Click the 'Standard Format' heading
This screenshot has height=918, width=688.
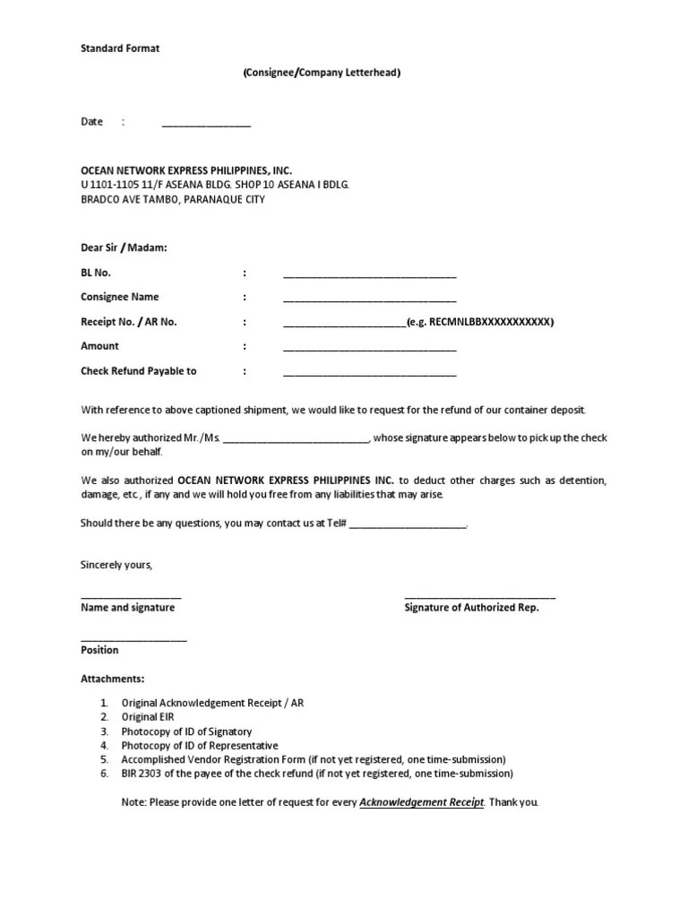tap(120, 48)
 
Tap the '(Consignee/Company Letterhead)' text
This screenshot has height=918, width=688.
tap(321, 73)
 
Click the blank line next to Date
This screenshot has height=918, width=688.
tap(206, 124)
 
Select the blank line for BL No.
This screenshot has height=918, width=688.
tap(370, 275)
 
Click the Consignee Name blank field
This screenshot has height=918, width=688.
tap(370, 299)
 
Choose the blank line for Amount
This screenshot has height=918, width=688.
tap(370, 349)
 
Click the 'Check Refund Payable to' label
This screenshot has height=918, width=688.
tap(139, 371)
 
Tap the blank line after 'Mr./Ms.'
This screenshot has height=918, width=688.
tap(295, 439)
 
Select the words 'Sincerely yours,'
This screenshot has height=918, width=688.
tap(116, 565)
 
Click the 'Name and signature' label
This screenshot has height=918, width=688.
tap(128, 608)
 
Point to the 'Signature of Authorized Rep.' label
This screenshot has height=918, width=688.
tap(472, 608)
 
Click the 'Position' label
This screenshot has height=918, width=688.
tap(99, 651)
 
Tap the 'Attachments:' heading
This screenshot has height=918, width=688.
tap(113, 680)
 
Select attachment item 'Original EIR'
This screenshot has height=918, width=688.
tap(148, 717)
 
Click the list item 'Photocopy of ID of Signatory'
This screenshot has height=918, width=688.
tap(186, 732)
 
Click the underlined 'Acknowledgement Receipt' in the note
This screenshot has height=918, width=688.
tap(421, 802)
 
